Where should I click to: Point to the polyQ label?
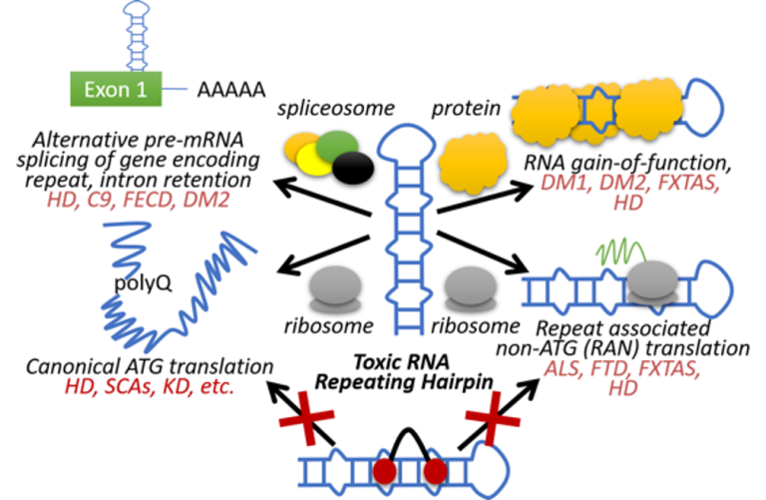point(145,283)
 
